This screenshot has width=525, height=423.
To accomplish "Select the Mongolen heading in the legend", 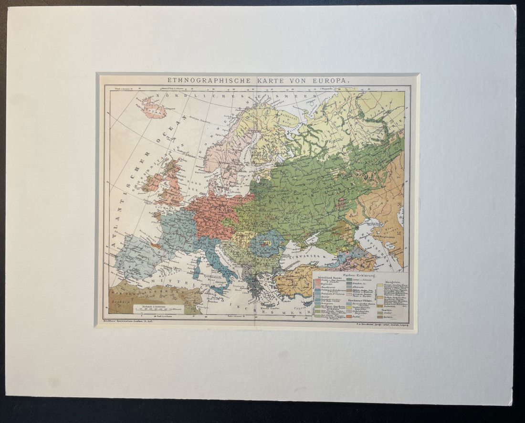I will (x=388, y=281).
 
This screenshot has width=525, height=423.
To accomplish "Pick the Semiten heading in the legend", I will (x=387, y=310).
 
